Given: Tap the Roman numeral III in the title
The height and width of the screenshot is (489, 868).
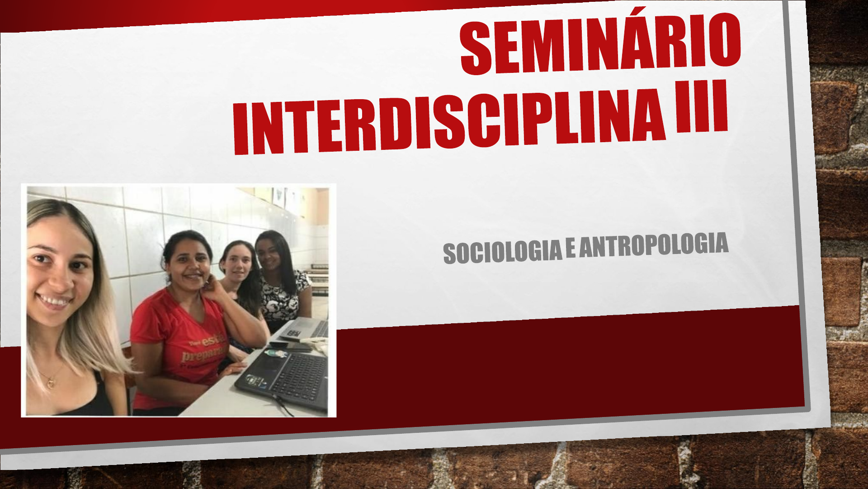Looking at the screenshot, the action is [x=702, y=106].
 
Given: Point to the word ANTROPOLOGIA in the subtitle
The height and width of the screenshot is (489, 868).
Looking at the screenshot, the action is [x=654, y=245].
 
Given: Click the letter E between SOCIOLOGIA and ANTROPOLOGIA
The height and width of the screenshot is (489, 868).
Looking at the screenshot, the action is [x=571, y=249].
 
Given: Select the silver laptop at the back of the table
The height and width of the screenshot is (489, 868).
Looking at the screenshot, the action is [x=305, y=329].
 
